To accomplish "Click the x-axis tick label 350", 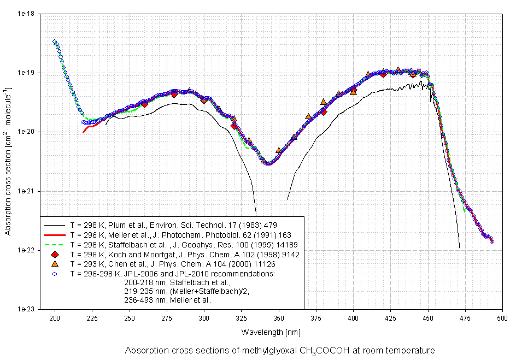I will tap(278, 317).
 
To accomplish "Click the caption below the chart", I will tap(280, 350).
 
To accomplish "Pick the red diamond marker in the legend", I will tap(55, 255).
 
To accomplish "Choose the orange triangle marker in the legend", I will tap(55, 264).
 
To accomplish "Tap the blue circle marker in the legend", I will tap(55, 273).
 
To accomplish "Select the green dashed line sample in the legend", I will tap(55, 244).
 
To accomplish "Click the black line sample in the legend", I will tap(55, 225).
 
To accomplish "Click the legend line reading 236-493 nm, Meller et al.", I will tap(167, 300).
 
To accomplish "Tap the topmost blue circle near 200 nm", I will tap(55, 42).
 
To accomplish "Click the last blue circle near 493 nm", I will tap(492, 241).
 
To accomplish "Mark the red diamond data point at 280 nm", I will tap(174, 94).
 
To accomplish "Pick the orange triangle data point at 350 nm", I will tap(279, 150).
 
